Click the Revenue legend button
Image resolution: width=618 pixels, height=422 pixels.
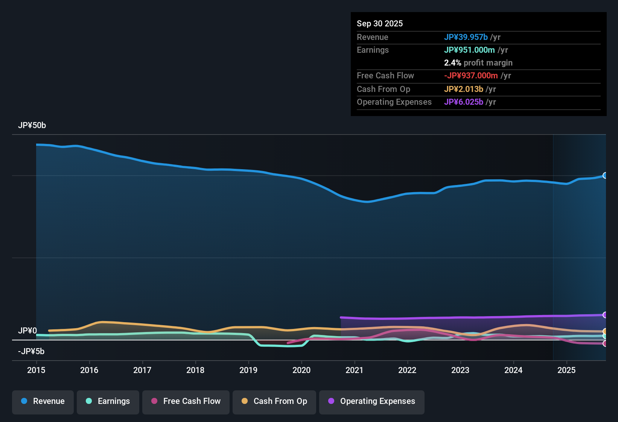click(43, 401)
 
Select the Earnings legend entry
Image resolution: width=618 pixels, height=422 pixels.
click(108, 401)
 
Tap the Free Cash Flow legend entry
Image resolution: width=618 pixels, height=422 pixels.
click(186, 401)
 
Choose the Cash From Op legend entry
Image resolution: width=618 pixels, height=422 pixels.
click(274, 401)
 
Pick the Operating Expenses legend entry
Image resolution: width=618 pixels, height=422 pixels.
click(372, 401)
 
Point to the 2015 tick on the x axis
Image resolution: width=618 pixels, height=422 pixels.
click(36, 370)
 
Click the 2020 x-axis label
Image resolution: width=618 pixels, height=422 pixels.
click(301, 370)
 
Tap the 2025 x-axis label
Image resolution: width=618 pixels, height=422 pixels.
click(566, 370)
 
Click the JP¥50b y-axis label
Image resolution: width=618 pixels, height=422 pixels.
click(32, 125)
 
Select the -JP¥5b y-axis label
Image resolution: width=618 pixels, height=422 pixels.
click(31, 352)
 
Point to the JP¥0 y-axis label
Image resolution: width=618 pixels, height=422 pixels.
click(27, 331)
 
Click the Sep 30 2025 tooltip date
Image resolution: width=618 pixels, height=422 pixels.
click(380, 23)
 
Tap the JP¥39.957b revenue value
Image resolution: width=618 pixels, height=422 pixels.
click(466, 37)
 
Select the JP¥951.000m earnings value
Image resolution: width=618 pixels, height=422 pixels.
click(469, 50)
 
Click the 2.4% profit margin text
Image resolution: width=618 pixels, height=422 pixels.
click(478, 63)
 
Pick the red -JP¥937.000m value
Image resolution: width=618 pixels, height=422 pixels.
click(471, 75)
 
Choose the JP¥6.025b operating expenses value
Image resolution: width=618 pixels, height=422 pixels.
click(464, 102)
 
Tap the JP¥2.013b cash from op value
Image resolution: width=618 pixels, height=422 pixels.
click(464, 89)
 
